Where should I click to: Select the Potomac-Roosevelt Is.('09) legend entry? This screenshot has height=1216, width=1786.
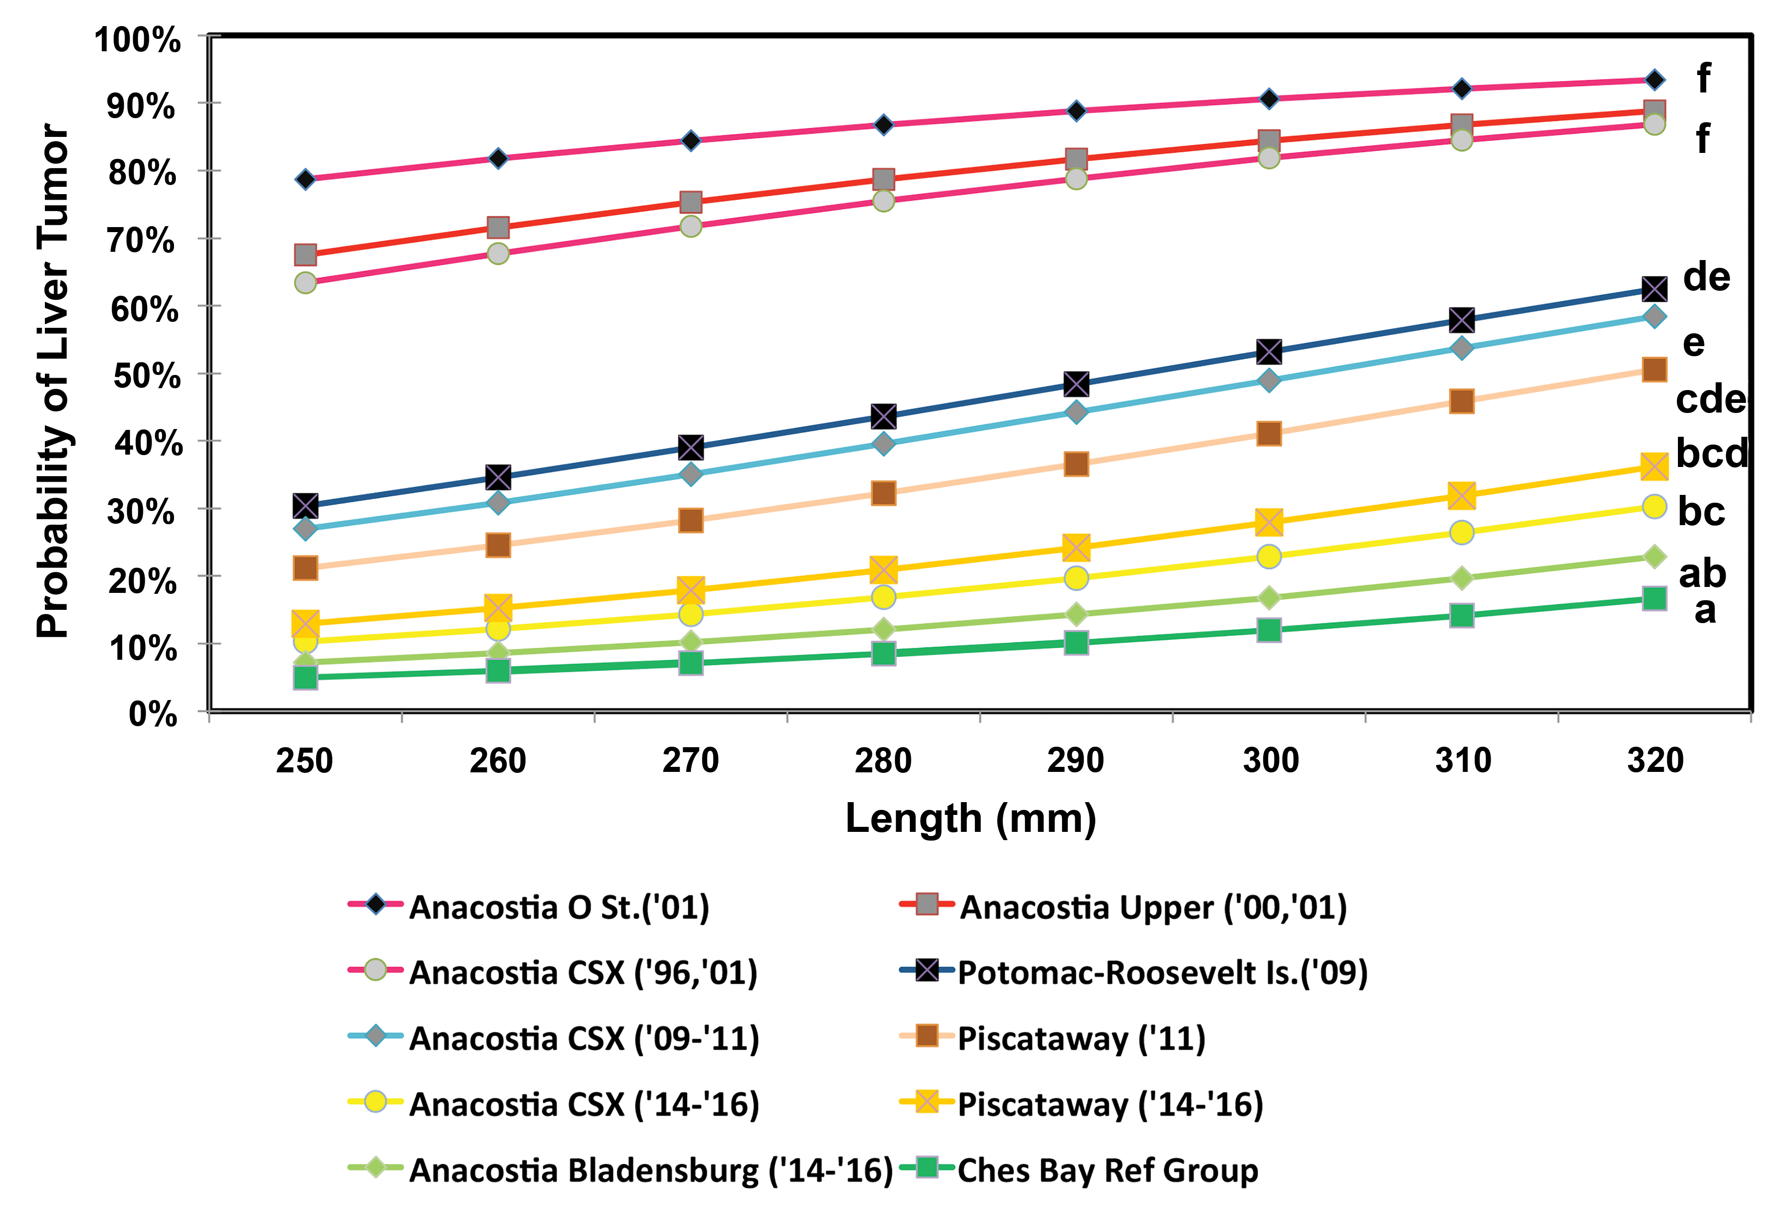point(1133,972)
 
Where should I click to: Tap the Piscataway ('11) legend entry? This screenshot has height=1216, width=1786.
point(1053,1038)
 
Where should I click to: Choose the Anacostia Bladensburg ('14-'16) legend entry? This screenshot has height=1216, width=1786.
point(621,1170)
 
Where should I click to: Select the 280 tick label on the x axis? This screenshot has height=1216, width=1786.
point(883,760)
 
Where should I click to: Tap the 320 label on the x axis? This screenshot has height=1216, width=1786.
point(1655,760)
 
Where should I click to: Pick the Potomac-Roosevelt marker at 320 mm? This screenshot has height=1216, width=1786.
point(1655,289)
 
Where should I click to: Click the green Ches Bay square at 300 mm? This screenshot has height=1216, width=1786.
point(1269,630)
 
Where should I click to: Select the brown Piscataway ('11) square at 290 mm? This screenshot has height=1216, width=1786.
point(1076,464)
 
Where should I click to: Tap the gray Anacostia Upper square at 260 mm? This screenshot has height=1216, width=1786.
point(498,228)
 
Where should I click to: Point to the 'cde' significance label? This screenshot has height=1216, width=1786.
point(1711,399)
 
